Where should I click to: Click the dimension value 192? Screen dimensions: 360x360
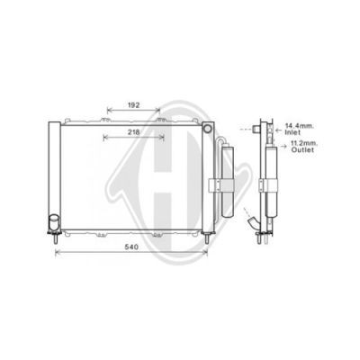coord(134,105)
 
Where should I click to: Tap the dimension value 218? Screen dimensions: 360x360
coord(134,132)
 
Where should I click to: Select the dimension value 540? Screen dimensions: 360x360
coord(131,247)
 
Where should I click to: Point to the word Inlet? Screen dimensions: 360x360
coord(292,131)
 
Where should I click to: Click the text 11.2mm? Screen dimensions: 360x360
coord(304,144)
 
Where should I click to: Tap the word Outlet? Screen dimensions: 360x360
coord(302,149)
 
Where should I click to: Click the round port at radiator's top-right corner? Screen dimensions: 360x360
coord(207,129)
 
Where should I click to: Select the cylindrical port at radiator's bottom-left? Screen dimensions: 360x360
coord(54,222)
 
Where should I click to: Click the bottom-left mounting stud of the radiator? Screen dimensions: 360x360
coord(55,239)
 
